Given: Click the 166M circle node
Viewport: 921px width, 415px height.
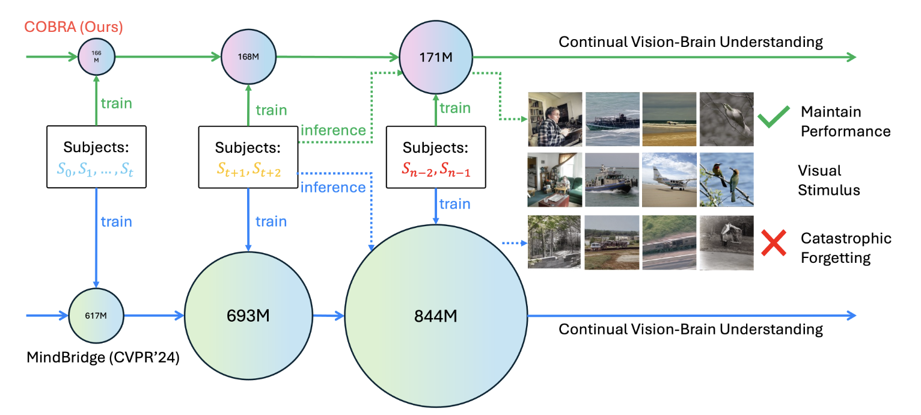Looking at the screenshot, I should (96, 57).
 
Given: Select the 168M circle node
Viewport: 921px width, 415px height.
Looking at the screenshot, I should (248, 57).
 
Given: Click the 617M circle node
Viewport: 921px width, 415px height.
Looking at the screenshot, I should (96, 315).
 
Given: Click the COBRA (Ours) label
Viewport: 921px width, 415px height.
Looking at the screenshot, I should (73, 27).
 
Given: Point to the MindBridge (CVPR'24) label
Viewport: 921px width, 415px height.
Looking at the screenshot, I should (103, 358).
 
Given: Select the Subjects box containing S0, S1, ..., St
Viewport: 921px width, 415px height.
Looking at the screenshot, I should (96, 156).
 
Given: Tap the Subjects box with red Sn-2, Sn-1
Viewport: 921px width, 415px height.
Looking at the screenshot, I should (437, 156).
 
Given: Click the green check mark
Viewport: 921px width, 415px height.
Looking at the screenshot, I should (773, 118).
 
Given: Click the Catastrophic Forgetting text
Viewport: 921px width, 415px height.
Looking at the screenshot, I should (846, 248).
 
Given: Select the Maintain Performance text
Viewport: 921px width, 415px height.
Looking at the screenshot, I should (845, 121).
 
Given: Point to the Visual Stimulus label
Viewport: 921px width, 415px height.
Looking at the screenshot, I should (828, 180).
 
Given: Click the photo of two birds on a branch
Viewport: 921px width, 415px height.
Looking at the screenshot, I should (726, 179).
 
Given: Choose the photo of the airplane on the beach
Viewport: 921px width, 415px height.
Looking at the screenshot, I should (669, 179).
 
